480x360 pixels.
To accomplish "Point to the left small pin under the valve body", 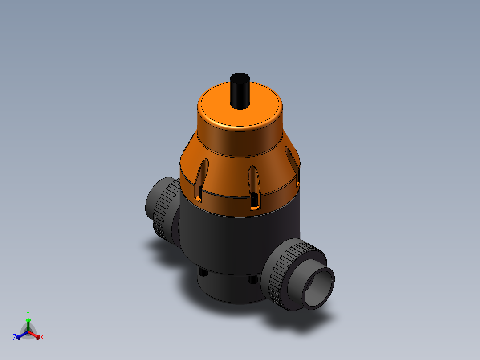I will pos(203,272).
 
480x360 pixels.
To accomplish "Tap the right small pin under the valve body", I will pos(252,279).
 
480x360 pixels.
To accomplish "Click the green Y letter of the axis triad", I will pos(28,313).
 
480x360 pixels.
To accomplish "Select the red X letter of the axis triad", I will pos(42,338).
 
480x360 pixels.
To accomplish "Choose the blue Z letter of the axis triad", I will pos(15,337).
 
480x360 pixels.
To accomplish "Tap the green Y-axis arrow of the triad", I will pos(28,323).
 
